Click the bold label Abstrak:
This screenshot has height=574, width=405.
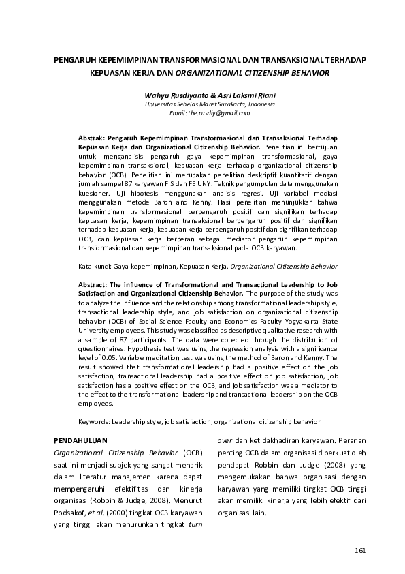[92, 138]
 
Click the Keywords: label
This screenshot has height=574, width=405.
[97, 422]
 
